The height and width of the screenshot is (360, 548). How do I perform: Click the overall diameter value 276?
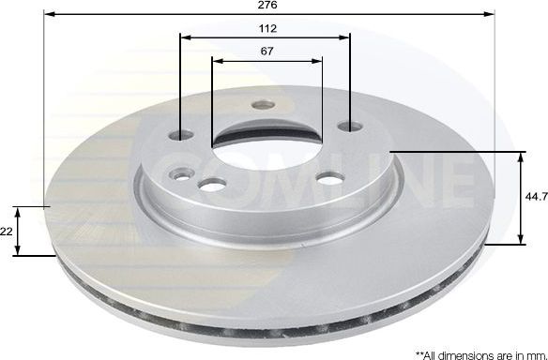(x=267, y=6)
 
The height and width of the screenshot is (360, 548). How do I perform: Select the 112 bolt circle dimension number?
(x=267, y=27)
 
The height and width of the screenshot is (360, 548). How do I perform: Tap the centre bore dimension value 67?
(x=267, y=51)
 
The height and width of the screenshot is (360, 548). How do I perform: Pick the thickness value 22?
(x=6, y=231)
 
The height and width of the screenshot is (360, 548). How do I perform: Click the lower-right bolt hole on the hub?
(x=327, y=179)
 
